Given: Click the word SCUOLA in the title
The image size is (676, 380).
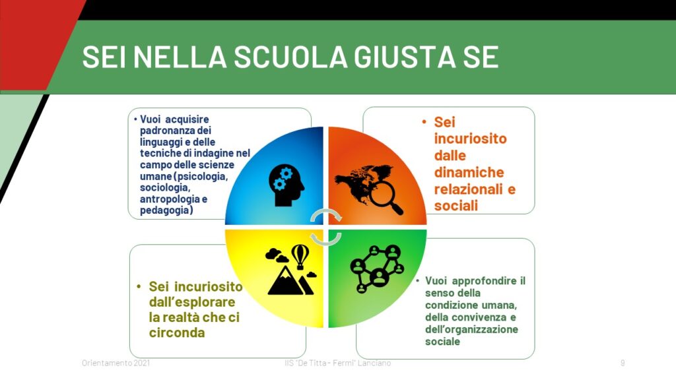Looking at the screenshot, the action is coord(290,57).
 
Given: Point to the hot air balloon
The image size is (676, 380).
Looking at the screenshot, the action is coord(300,257).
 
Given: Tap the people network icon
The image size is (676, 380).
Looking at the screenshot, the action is coord(377,269).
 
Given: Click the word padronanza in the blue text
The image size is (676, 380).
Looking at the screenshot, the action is coord(176,131).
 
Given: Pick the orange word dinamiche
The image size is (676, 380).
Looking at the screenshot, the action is coord(469,172).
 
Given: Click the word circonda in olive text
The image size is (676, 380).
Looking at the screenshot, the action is coord(177,332).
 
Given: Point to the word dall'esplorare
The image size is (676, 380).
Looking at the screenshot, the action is coord(192,302).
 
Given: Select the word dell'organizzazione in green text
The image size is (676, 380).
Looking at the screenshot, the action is coord(471,330).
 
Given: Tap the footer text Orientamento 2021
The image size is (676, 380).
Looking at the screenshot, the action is coord(116,364).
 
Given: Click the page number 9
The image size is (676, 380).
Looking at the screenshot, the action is coord(623,364).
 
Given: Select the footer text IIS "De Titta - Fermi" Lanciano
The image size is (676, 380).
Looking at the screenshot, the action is coord(337,364).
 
